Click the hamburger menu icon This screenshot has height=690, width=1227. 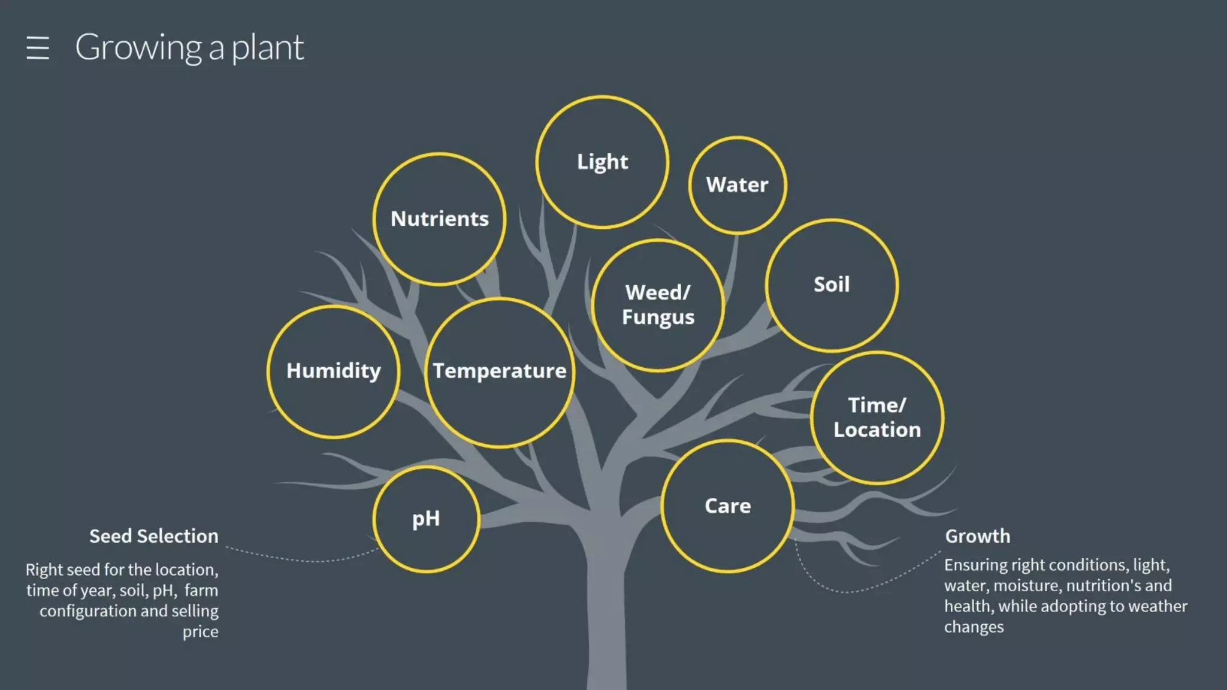coord(38,48)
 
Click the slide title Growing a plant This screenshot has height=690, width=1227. coord(189,47)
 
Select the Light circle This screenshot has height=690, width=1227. coord(602,162)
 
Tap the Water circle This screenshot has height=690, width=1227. coord(737,184)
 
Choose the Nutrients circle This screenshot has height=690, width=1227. coord(439,219)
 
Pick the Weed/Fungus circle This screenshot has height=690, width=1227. coord(658,305)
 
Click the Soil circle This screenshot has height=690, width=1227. coord(832,285)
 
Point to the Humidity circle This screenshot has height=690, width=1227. coord(333,371)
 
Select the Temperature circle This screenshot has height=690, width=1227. coord(499,371)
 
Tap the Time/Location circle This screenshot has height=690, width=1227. coord(877,417)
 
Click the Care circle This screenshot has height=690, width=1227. coord(727,506)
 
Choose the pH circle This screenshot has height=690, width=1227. coord(426,519)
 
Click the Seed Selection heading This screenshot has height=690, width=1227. coord(154,536)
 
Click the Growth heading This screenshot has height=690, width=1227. coord(977,536)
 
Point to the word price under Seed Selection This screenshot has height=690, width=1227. coord(200,632)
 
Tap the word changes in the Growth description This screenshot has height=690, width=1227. coord(974,627)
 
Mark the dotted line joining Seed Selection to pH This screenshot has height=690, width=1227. coord(300,559)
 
